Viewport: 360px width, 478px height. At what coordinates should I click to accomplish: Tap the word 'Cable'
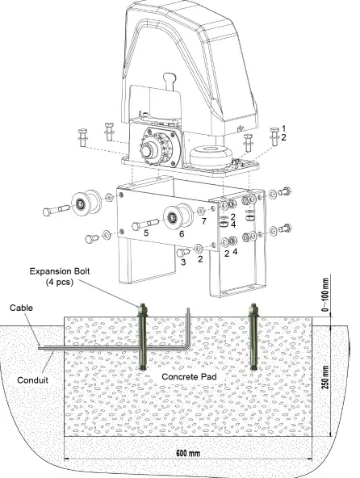click(x=21, y=308)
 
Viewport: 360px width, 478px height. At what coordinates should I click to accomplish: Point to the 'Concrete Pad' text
click(x=191, y=376)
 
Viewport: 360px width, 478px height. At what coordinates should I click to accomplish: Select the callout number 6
click(x=182, y=233)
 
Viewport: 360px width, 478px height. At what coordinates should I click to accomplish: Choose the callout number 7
click(x=205, y=220)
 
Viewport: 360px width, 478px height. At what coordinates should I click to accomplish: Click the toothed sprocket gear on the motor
click(x=154, y=150)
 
